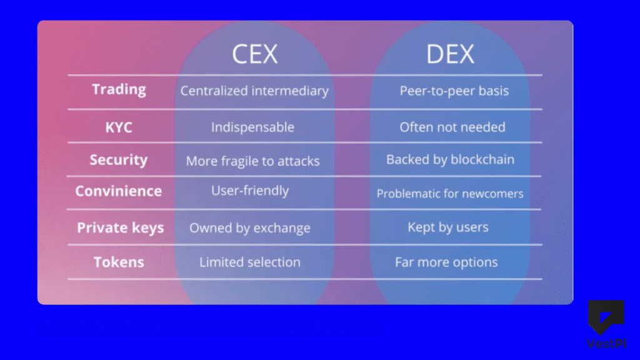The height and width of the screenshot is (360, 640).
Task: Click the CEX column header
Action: [254, 54]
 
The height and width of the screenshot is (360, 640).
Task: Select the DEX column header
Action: [450, 54]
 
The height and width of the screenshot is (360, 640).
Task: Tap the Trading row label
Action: [119, 89]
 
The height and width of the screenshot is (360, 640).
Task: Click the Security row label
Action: [118, 160]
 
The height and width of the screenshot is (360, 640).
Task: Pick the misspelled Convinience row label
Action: [118, 191]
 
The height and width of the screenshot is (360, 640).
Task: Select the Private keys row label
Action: [120, 227]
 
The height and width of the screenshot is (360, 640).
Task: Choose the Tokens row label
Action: [118, 262]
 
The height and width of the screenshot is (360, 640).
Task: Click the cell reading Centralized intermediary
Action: [254, 91]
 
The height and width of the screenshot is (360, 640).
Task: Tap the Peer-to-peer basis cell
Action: [454, 91]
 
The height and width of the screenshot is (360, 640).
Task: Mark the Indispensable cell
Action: [252, 127]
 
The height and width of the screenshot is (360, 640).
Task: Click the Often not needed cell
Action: [452, 127]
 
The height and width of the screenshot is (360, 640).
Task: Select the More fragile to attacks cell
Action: [252, 161]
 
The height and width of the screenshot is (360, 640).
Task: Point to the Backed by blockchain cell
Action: [450, 159]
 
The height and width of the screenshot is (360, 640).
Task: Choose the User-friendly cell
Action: [250, 191]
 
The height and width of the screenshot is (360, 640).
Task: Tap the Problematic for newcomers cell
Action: [450, 194]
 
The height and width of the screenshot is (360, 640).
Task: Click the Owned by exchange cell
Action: [250, 228]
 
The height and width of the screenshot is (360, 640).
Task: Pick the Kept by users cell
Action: [448, 227]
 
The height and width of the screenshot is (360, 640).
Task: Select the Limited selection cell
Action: [250, 262]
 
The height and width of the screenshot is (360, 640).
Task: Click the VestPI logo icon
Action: [606, 317]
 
